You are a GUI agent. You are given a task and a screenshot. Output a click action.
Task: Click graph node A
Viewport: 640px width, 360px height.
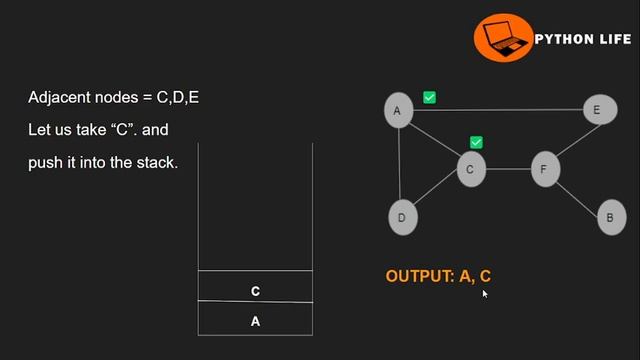coord(398,110)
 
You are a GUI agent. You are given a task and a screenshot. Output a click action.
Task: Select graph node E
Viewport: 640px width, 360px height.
coord(597,110)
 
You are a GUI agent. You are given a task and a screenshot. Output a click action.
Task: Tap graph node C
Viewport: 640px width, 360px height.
coord(470,170)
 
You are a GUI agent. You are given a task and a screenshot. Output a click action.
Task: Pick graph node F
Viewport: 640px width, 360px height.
coord(544,170)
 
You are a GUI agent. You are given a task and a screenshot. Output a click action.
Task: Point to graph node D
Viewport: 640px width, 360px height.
coord(402,217)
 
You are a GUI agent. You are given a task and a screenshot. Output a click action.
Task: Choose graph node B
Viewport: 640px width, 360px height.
coord(610,217)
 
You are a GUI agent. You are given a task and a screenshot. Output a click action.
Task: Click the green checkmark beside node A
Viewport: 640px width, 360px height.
coord(429,97)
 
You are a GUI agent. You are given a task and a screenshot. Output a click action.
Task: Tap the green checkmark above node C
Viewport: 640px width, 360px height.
coord(476,143)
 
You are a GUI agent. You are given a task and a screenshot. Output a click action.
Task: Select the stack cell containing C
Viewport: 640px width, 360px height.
coord(255,291)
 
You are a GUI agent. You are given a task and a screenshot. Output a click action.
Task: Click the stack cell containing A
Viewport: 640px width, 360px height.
coord(255,321)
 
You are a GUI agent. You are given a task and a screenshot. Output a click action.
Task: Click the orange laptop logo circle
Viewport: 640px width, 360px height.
coord(502,39)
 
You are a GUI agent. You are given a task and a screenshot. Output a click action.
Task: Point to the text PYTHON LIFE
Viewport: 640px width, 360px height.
coord(583,39)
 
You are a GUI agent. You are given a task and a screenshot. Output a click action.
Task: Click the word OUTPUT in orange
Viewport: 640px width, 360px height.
coord(419,276)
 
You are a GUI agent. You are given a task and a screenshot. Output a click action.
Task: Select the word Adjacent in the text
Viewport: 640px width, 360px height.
coord(58,97)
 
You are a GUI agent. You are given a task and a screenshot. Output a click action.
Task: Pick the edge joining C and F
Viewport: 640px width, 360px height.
coord(507,170)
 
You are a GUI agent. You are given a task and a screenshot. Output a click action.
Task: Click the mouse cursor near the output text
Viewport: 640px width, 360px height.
coord(485,293)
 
